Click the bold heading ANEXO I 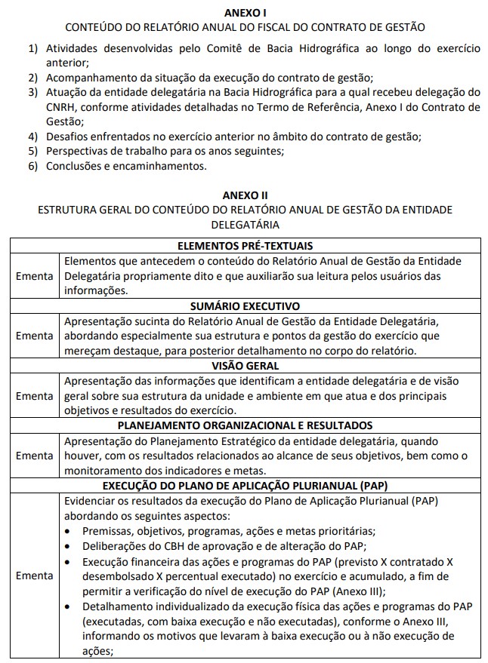pyautogui.click(x=245, y=12)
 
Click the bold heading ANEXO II pyautogui.click(x=245, y=194)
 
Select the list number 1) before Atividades pyautogui.click(x=34, y=49)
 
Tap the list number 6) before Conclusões pyautogui.click(x=34, y=165)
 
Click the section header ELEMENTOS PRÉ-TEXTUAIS pyautogui.click(x=245, y=246)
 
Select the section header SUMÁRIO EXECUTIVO pyautogui.click(x=245, y=306)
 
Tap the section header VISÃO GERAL pyautogui.click(x=245, y=366)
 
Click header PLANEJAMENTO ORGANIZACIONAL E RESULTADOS pyautogui.click(x=245, y=425)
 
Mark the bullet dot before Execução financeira pyautogui.click(x=69, y=561)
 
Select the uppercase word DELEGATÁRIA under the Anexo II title pyautogui.click(x=245, y=224)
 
